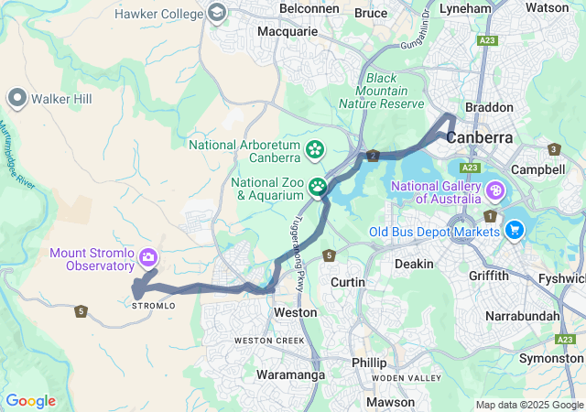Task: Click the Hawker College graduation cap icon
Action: click(217, 13)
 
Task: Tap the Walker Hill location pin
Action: click(16, 98)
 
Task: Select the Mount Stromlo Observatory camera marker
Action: click(147, 257)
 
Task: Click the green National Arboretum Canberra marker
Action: click(315, 148)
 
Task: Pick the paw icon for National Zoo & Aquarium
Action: click(318, 187)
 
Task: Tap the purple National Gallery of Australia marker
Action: click(495, 190)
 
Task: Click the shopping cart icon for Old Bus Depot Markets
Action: click(515, 230)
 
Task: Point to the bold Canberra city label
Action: click(480, 137)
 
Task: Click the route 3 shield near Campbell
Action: click(553, 149)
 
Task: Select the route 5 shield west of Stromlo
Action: click(81, 311)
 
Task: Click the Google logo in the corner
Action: click(30, 401)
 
